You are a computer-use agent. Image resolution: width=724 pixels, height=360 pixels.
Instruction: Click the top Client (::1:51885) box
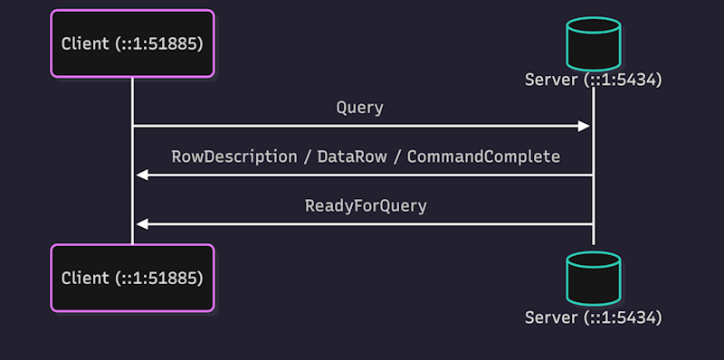coord(132,43)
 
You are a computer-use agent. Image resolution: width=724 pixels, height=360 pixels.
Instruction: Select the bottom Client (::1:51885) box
coord(132,278)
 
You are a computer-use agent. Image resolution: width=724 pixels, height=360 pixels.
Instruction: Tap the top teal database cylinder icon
coord(594,43)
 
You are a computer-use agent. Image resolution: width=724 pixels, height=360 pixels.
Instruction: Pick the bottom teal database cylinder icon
coord(594,279)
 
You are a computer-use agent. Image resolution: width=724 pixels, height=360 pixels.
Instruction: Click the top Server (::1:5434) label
coord(594,80)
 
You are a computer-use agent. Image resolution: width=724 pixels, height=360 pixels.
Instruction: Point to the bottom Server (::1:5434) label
coord(594,317)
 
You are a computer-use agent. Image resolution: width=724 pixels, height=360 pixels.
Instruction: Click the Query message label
coord(359,108)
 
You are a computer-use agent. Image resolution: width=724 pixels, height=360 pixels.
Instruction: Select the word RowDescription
coord(234,156)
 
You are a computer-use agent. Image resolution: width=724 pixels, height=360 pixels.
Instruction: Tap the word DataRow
coord(352,156)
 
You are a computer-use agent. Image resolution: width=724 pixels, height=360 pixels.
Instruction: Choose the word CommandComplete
coord(483,156)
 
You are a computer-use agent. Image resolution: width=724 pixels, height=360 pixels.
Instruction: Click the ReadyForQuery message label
coord(366,206)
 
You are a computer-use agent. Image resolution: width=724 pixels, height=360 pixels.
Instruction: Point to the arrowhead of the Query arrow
coord(584,126)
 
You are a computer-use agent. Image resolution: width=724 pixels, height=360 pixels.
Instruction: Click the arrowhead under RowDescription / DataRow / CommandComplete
coord(142,175)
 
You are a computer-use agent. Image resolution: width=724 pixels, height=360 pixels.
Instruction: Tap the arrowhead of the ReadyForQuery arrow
coord(142,224)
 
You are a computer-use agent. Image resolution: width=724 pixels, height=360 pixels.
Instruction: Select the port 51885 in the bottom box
coord(179,278)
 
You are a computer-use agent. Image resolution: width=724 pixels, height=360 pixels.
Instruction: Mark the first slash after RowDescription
coord(308,156)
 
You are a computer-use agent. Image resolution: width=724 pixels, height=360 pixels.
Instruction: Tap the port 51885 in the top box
coord(179,43)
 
